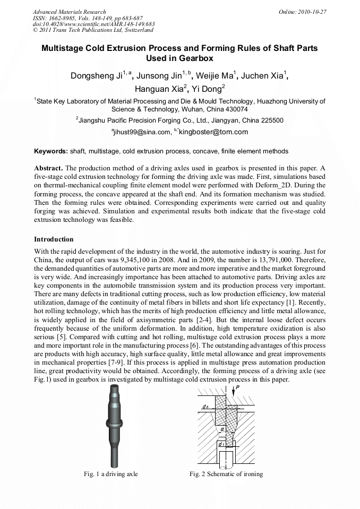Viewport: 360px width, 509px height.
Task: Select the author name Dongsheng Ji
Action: coord(97,76)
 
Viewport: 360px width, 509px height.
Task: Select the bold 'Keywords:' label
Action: coord(51,151)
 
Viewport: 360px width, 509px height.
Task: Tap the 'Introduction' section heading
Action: coord(54,239)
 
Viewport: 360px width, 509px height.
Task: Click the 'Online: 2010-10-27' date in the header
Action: coord(302,12)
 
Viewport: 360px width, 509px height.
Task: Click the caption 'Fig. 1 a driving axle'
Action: coord(110,474)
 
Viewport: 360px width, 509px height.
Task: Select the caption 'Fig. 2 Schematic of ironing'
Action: coord(226,474)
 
